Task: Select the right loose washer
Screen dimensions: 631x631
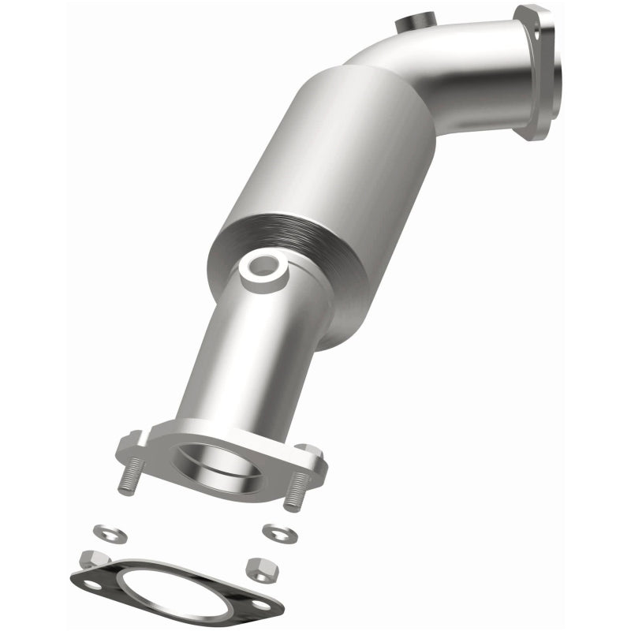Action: click(277, 532)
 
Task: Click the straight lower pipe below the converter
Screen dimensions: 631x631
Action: click(237, 355)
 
